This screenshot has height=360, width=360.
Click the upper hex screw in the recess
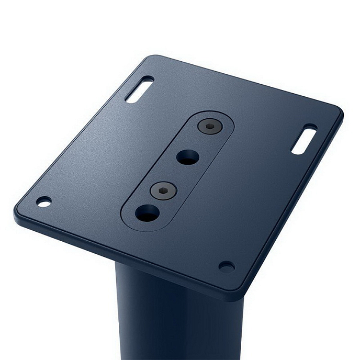[208, 126]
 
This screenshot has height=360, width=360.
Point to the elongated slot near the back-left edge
[139, 90]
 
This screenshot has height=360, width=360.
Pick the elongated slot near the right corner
[304, 139]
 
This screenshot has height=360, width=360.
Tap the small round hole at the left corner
[44, 201]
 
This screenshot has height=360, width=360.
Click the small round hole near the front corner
[226, 266]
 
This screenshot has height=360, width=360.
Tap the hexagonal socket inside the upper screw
[208, 126]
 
